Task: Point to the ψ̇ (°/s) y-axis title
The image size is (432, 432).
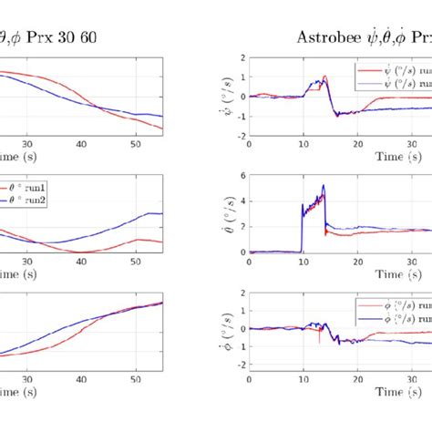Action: pos(224,96)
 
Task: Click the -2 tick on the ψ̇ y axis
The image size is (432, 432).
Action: pos(239,135)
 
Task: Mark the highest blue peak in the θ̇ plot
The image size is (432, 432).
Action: pos(323,186)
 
